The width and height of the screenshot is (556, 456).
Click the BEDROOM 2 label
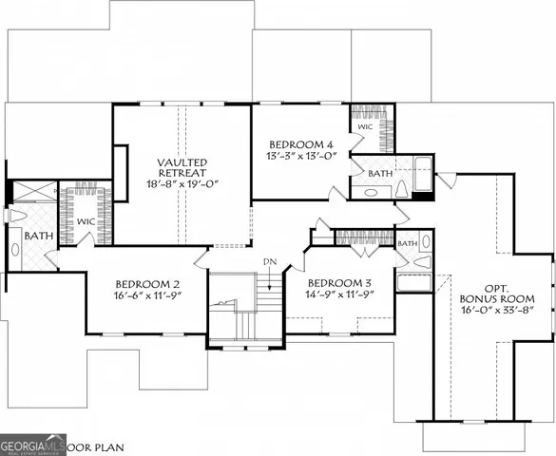[147, 283]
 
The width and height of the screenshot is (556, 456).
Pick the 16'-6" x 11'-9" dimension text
[147, 296]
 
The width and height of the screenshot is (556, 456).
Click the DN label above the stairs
[269, 261]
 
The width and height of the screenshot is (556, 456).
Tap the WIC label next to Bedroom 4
[364, 125]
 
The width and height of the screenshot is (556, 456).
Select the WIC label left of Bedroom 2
[86, 222]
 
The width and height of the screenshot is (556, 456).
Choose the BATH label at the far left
[38, 235]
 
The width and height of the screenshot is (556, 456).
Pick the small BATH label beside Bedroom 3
[407, 244]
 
